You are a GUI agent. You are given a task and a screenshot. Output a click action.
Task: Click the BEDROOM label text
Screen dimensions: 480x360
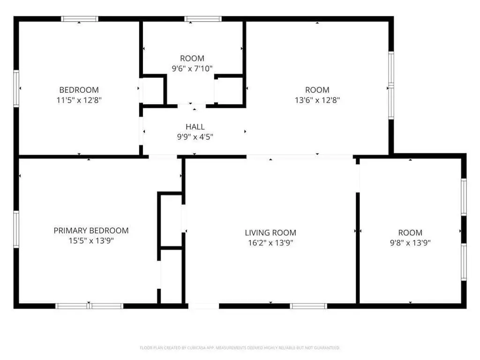click(x=79, y=90)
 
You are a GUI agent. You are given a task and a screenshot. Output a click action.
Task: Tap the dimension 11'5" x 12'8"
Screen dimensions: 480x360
click(x=79, y=100)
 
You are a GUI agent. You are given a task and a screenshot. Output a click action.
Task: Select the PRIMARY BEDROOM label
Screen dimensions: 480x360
click(x=91, y=231)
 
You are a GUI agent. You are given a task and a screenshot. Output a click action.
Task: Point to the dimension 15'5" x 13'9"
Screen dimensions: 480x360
click(x=91, y=240)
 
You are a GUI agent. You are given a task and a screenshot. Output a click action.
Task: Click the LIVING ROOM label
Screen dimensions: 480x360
click(x=270, y=232)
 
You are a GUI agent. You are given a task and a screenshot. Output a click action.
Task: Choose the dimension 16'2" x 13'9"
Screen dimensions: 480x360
click(x=270, y=243)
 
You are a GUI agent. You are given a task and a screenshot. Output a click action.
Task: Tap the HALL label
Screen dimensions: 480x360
click(x=195, y=127)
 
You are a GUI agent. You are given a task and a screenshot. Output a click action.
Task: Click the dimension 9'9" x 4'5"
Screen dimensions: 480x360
click(x=195, y=137)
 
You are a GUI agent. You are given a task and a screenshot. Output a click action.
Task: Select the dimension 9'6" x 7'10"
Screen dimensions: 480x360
click(x=192, y=68)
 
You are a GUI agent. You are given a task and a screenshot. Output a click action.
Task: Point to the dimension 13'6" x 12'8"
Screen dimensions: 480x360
click(x=317, y=100)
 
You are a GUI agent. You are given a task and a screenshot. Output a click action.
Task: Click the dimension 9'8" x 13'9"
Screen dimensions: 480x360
click(x=410, y=243)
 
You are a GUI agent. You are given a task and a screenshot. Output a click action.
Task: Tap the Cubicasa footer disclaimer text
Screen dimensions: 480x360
click(x=240, y=348)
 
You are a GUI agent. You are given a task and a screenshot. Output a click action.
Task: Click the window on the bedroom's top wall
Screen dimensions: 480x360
click(x=80, y=19)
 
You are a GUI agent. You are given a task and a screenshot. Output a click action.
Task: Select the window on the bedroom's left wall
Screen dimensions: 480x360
click(x=16, y=89)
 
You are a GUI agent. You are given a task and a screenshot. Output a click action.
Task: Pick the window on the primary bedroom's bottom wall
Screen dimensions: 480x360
click(x=89, y=306)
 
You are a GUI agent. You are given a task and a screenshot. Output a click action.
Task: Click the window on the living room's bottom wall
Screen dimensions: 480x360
click(x=308, y=306)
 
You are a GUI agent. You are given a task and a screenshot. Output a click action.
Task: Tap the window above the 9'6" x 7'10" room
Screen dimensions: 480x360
click(x=203, y=19)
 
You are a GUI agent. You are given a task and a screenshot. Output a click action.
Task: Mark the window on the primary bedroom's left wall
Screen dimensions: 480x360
click(x=16, y=229)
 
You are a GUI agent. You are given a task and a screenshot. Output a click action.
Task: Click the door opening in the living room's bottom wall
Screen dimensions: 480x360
click(x=203, y=306)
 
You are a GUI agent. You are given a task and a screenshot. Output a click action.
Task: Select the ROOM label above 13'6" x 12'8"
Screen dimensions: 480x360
click(x=317, y=90)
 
